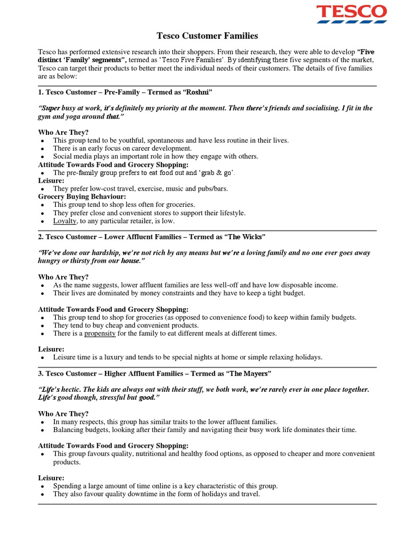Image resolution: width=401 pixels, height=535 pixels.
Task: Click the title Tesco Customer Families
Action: tap(207, 36)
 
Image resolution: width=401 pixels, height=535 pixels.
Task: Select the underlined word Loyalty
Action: tap(65, 221)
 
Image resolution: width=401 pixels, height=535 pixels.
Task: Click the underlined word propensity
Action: tap(100, 333)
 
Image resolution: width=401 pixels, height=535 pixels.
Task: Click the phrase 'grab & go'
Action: tap(215, 172)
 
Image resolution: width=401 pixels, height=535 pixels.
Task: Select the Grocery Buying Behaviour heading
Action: tap(82, 196)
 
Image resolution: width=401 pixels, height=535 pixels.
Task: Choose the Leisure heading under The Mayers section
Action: tap(51, 478)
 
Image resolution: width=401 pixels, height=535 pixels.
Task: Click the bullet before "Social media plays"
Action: tap(42, 157)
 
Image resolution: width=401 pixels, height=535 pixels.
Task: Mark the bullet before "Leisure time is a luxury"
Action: tap(42, 358)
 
